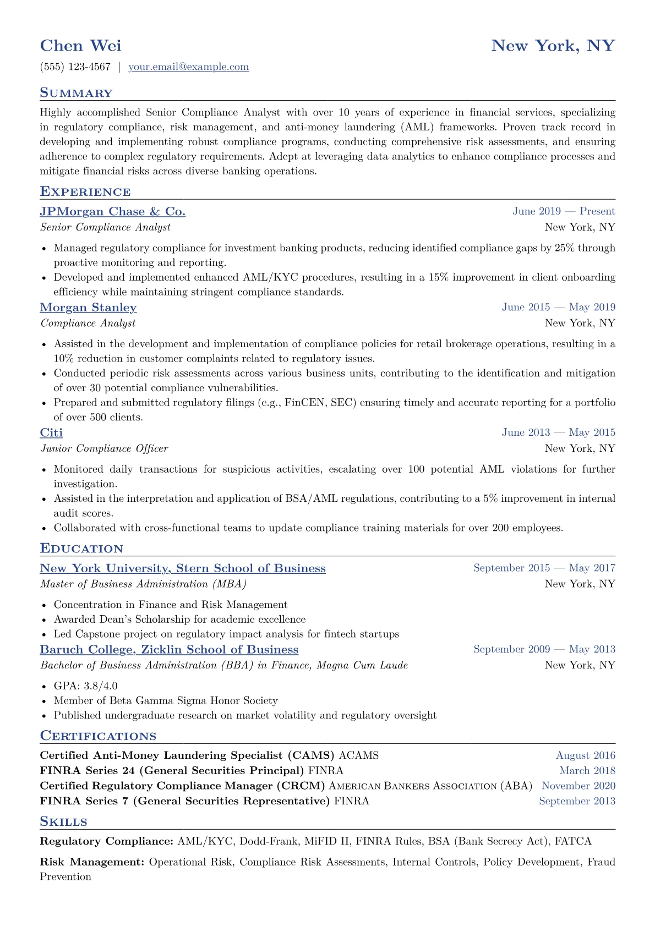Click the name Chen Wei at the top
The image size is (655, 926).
(80, 46)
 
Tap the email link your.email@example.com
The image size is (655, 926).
(188, 67)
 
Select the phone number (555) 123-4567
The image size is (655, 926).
(75, 67)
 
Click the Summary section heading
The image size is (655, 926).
(76, 93)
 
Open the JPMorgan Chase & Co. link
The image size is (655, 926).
(113, 212)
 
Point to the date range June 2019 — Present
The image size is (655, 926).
(564, 211)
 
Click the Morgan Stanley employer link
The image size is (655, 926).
(88, 308)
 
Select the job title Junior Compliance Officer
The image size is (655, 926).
(104, 448)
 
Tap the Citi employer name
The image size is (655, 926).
(51, 433)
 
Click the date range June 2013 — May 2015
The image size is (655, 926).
(558, 432)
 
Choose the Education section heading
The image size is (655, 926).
(81, 549)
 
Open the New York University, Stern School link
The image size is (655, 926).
(183, 568)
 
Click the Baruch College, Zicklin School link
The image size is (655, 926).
(169, 650)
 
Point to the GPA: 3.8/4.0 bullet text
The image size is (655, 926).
(85, 686)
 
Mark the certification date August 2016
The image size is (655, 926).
(585, 755)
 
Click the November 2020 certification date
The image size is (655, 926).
(578, 786)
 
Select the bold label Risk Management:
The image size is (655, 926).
(92, 862)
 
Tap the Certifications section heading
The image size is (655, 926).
(98, 736)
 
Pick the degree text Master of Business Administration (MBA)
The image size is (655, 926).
(143, 584)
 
